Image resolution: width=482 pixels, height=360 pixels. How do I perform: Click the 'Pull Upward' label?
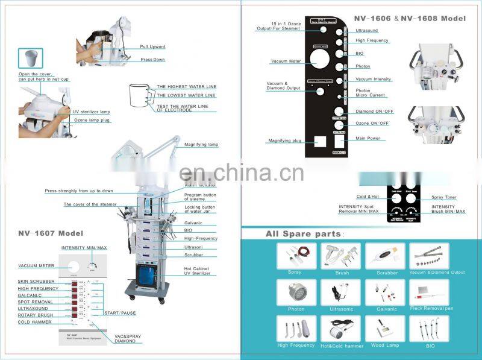point(152,46)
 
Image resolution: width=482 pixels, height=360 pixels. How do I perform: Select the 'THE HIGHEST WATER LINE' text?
point(186,87)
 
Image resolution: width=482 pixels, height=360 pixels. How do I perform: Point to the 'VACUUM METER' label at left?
point(36,265)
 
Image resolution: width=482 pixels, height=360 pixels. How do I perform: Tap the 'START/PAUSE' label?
point(119,314)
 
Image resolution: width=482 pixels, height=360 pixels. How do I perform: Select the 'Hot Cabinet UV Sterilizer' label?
point(197,271)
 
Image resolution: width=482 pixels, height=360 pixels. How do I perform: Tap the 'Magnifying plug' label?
point(285,141)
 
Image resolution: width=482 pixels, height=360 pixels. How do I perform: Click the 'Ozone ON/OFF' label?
point(372,124)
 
